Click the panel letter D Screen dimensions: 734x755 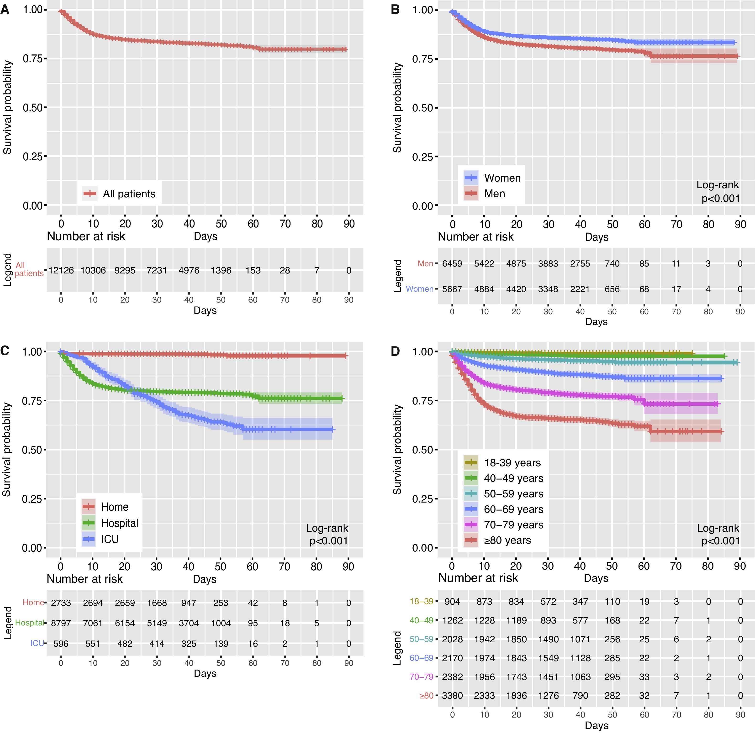395,351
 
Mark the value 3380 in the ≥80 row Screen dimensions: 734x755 452,695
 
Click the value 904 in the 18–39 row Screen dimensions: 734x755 452,601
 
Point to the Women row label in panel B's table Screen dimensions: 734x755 420,289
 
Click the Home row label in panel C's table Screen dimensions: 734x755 33,602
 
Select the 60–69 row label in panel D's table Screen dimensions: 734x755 422,658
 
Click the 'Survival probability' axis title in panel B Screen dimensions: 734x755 397,108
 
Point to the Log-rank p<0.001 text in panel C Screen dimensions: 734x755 327,534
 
